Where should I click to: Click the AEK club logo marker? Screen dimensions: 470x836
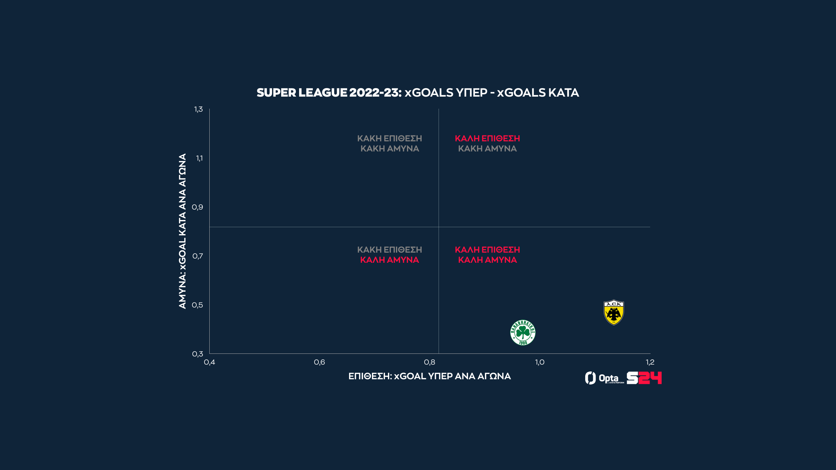pyautogui.click(x=614, y=312)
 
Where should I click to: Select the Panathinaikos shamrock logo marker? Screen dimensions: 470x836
pyautogui.click(x=523, y=332)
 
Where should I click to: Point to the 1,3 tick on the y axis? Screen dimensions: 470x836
pyautogui.click(x=199, y=109)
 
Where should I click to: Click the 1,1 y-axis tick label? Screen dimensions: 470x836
pyautogui.click(x=199, y=158)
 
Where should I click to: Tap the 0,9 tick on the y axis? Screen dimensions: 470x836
pyautogui.click(x=198, y=207)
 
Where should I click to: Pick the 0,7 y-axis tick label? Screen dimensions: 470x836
pyautogui.click(x=198, y=256)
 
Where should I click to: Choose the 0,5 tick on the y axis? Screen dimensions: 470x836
pyautogui.click(x=198, y=305)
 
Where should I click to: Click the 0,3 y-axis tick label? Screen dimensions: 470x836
pyautogui.click(x=198, y=354)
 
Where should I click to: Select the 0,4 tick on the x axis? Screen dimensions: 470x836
pyautogui.click(x=209, y=362)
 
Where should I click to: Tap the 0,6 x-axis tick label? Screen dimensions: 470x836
pyautogui.click(x=319, y=362)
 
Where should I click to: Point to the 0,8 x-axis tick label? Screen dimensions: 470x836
pyautogui.click(x=429, y=362)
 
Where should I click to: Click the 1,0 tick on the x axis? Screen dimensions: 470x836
pyautogui.click(x=539, y=362)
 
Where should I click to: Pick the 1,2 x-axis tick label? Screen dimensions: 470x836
pyautogui.click(x=650, y=362)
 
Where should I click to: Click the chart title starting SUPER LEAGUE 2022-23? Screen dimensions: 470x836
pyautogui.click(x=418, y=93)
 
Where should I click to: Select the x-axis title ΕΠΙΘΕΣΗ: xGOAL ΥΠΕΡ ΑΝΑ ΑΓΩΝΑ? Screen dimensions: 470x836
pyautogui.click(x=429, y=376)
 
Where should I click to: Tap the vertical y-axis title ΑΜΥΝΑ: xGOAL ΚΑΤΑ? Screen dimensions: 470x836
pyautogui.click(x=182, y=231)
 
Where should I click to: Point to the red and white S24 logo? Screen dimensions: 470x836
pyautogui.click(x=644, y=378)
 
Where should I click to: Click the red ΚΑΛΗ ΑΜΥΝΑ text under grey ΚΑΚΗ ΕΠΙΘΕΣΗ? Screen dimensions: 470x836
pyautogui.click(x=389, y=260)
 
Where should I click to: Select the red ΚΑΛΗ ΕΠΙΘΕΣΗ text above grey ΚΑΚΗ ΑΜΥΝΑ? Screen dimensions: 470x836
pyautogui.click(x=487, y=138)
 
